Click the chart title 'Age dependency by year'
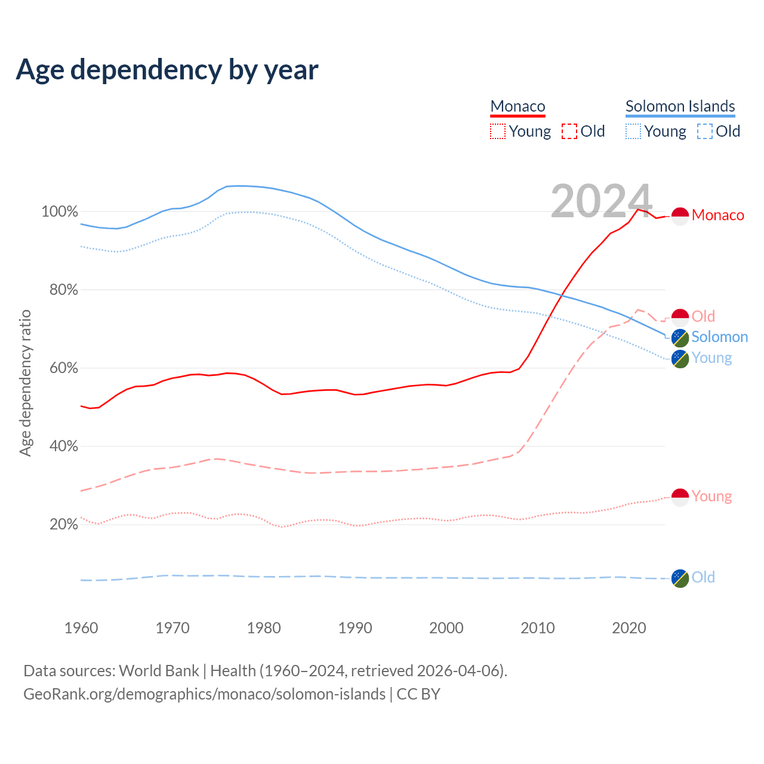pos(167,70)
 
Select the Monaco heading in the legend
pos(517,106)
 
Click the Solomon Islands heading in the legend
pos(680,106)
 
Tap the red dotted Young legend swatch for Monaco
pos(498,131)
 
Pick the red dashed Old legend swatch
pos(569,131)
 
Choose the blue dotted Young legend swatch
pos(633,131)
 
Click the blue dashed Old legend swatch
pos(705,131)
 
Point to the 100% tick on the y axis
pos(60,212)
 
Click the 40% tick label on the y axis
pos(63,446)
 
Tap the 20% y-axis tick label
pos(63,525)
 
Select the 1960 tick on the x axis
pos(81,628)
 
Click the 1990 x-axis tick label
pos(355,628)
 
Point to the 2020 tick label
pos(629,628)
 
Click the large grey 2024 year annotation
pos(601,201)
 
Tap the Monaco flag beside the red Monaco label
pos(680,216)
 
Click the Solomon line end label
pos(719,337)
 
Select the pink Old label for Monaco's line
pos(703,316)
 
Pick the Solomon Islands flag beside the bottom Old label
pos(680,578)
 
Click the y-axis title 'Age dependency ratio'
pos(25,383)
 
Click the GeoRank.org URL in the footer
pos(204,694)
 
